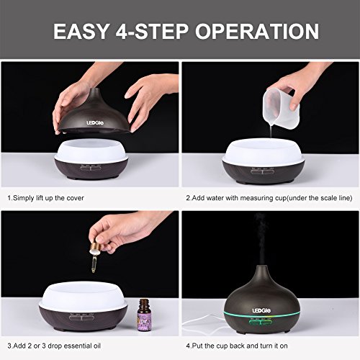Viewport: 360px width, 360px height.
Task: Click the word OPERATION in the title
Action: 257,31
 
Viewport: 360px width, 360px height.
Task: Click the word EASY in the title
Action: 81,31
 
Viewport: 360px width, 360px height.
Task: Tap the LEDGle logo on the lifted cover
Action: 95,123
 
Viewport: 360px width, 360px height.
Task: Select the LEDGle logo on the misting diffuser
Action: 261,311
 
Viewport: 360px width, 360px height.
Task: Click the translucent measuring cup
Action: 281,104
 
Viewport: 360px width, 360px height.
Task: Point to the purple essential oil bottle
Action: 144,315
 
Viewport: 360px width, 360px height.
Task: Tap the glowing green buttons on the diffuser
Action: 261,323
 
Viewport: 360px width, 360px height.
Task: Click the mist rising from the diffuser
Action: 261,239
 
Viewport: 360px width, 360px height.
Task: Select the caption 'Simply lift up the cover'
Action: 45,198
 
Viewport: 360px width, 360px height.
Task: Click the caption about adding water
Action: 269,198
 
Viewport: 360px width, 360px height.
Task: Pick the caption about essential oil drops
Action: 54,346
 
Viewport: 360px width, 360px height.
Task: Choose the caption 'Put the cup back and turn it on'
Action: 237,346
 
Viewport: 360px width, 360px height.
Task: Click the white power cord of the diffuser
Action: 204,322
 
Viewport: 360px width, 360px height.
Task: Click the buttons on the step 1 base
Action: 90,168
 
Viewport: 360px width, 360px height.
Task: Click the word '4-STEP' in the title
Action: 152,31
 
